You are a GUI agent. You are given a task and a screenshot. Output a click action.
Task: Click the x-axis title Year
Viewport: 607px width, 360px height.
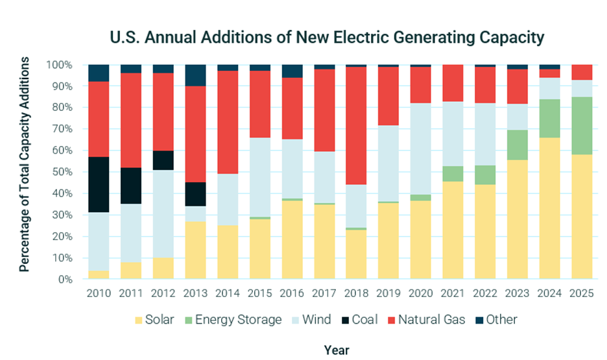pyautogui.click(x=337, y=350)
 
